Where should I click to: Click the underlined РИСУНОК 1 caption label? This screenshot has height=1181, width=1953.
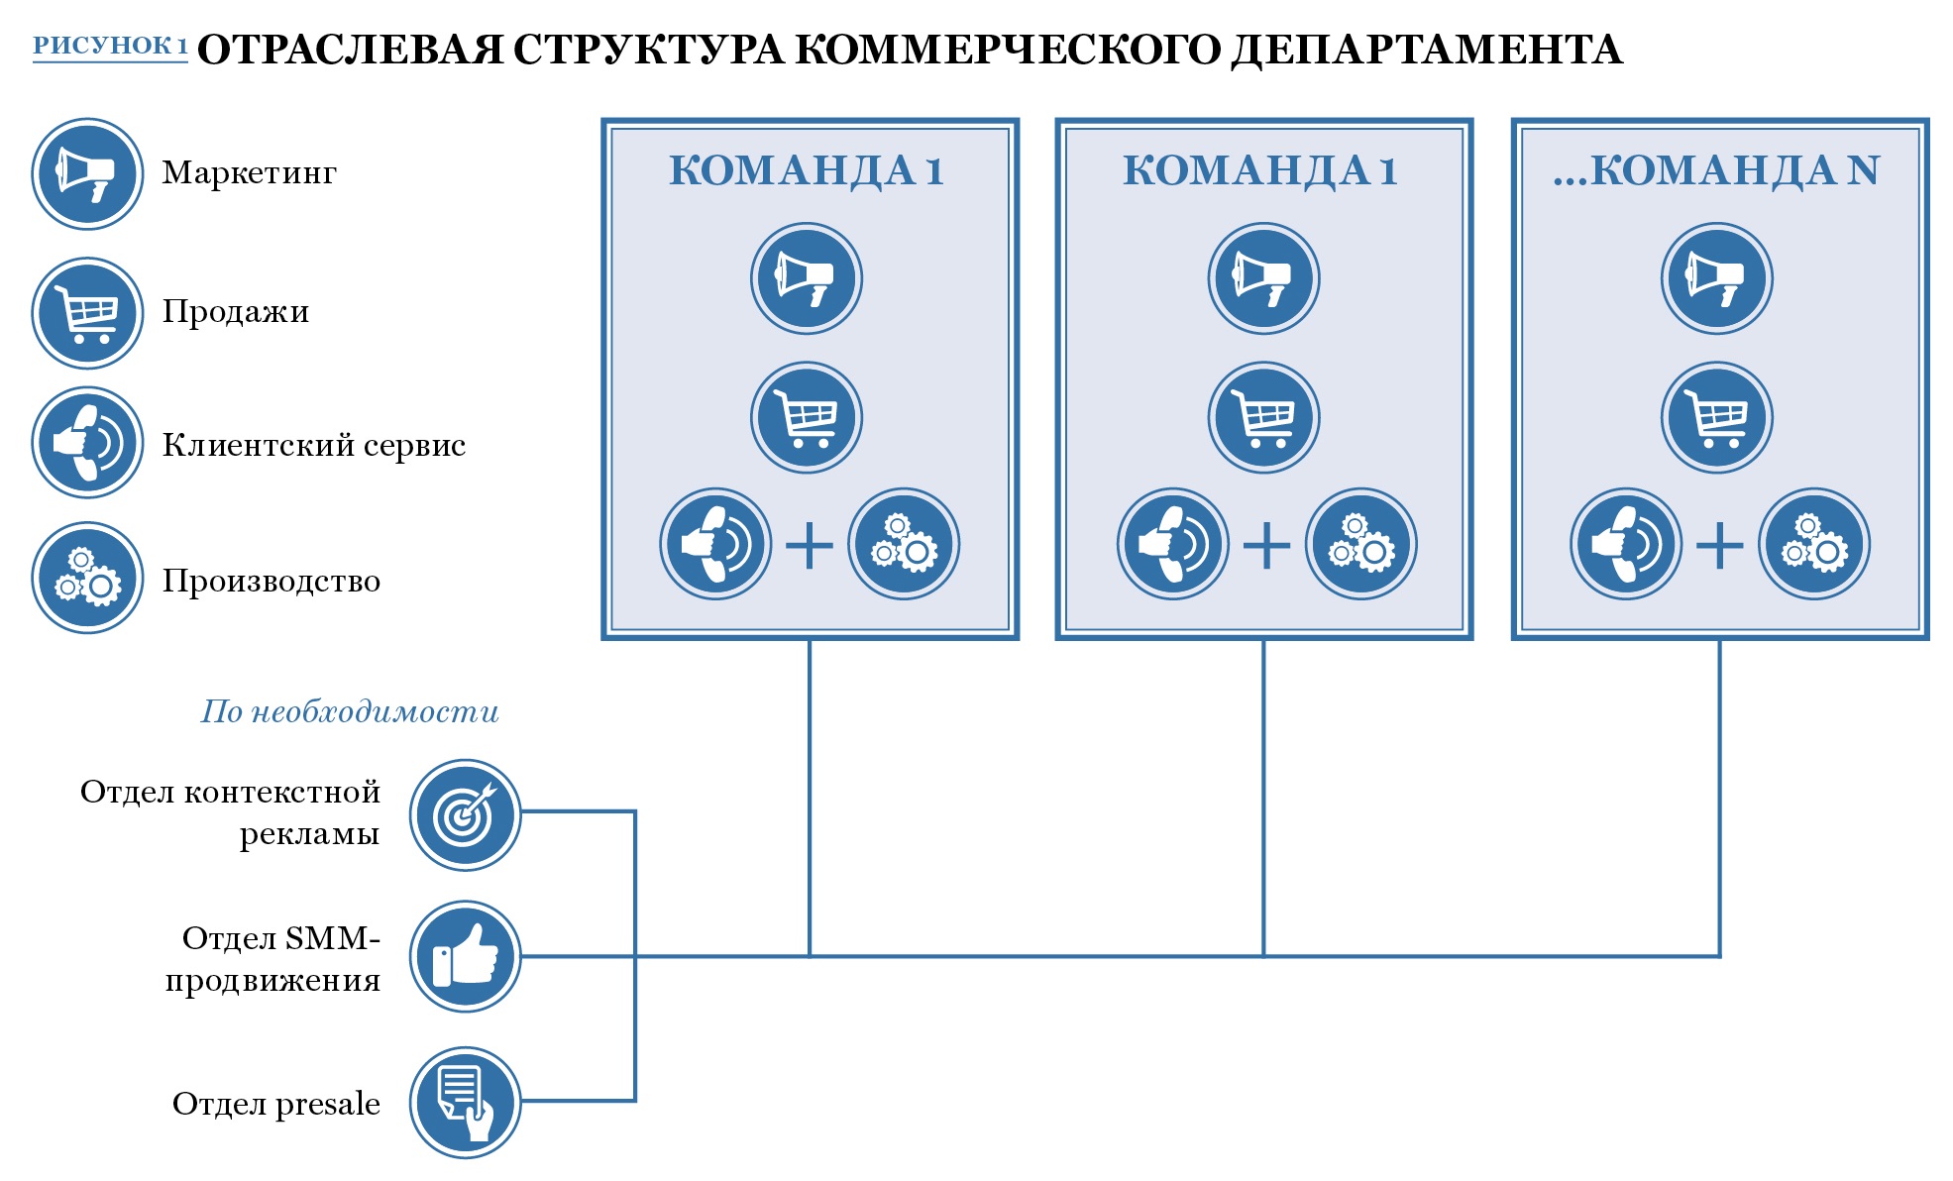[x=110, y=46]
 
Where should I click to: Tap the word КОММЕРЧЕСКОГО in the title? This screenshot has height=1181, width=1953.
[x=1007, y=50]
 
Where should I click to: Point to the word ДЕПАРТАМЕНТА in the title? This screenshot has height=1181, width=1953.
[x=1426, y=50]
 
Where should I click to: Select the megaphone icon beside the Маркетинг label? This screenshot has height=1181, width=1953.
[x=88, y=174]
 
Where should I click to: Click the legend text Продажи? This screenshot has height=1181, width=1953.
[x=236, y=312]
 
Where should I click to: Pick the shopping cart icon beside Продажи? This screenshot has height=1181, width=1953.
[x=88, y=313]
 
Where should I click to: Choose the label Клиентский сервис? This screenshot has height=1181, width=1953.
[x=313, y=445]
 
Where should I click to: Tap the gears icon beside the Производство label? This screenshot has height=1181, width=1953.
[x=88, y=578]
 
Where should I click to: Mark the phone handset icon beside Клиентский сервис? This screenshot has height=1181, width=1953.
[x=88, y=442]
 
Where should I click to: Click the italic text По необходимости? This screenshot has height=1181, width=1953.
[x=350, y=711]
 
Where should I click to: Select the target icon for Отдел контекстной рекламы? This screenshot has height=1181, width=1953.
[x=466, y=814]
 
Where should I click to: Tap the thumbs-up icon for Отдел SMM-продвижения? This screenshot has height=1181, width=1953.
[x=466, y=956]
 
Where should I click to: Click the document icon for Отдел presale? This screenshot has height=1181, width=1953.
[x=466, y=1102]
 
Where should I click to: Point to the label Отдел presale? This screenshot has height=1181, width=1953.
[x=276, y=1104]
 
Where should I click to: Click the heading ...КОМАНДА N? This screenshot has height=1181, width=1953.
[x=1716, y=170]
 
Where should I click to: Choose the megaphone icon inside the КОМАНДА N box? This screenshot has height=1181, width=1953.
[x=1717, y=278]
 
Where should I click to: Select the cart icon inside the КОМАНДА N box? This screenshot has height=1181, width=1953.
[x=1717, y=417]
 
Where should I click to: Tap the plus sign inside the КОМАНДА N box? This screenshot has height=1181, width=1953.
[x=1720, y=545]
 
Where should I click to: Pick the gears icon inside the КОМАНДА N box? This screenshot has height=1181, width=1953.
[x=1814, y=544]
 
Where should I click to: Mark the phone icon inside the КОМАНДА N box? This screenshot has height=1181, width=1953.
[x=1626, y=544]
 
